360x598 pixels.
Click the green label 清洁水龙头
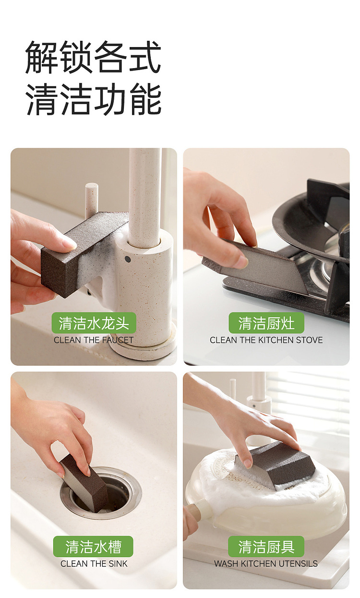click(x=94, y=323)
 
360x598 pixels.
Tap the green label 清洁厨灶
click(x=266, y=323)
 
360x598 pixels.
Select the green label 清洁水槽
click(x=93, y=547)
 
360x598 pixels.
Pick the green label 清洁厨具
click(x=266, y=547)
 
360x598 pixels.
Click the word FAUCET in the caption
click(x=118, y=340)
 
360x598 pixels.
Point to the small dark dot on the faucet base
click(x=128, y=259)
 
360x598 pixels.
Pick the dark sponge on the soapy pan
click(x=275, y=465)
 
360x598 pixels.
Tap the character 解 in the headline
click(x=42, y=58)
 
